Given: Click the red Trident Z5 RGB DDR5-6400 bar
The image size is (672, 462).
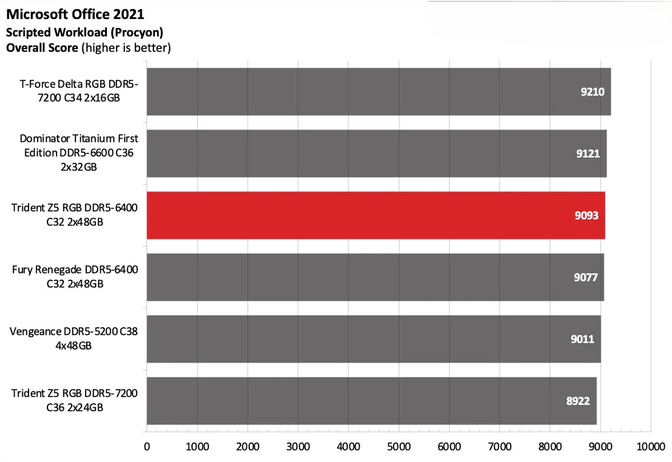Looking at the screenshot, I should tap(375, 215).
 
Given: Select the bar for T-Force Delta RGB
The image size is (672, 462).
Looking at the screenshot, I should tap(378, 92).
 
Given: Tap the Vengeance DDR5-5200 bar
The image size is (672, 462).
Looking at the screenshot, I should tap(374, 339).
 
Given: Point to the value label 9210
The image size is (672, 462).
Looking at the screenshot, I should tap(592, 92).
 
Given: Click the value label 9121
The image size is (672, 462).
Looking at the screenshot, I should tap(589, 154).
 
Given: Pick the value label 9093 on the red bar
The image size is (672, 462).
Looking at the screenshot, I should tap(587, 215).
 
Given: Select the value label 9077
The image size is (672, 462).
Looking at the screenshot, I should tap(586, 277).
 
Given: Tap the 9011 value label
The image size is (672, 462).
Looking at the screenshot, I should tap(582, 339).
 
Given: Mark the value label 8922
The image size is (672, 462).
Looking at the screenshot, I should tap(578, 401).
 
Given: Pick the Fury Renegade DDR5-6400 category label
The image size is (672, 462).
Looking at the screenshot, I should tap(75, 277).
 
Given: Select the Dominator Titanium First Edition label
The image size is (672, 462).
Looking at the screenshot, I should tap(78, 152).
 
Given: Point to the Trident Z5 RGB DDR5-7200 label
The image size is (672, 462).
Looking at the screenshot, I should tap(75, 400).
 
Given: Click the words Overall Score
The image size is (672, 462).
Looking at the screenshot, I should tap(42, 48).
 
